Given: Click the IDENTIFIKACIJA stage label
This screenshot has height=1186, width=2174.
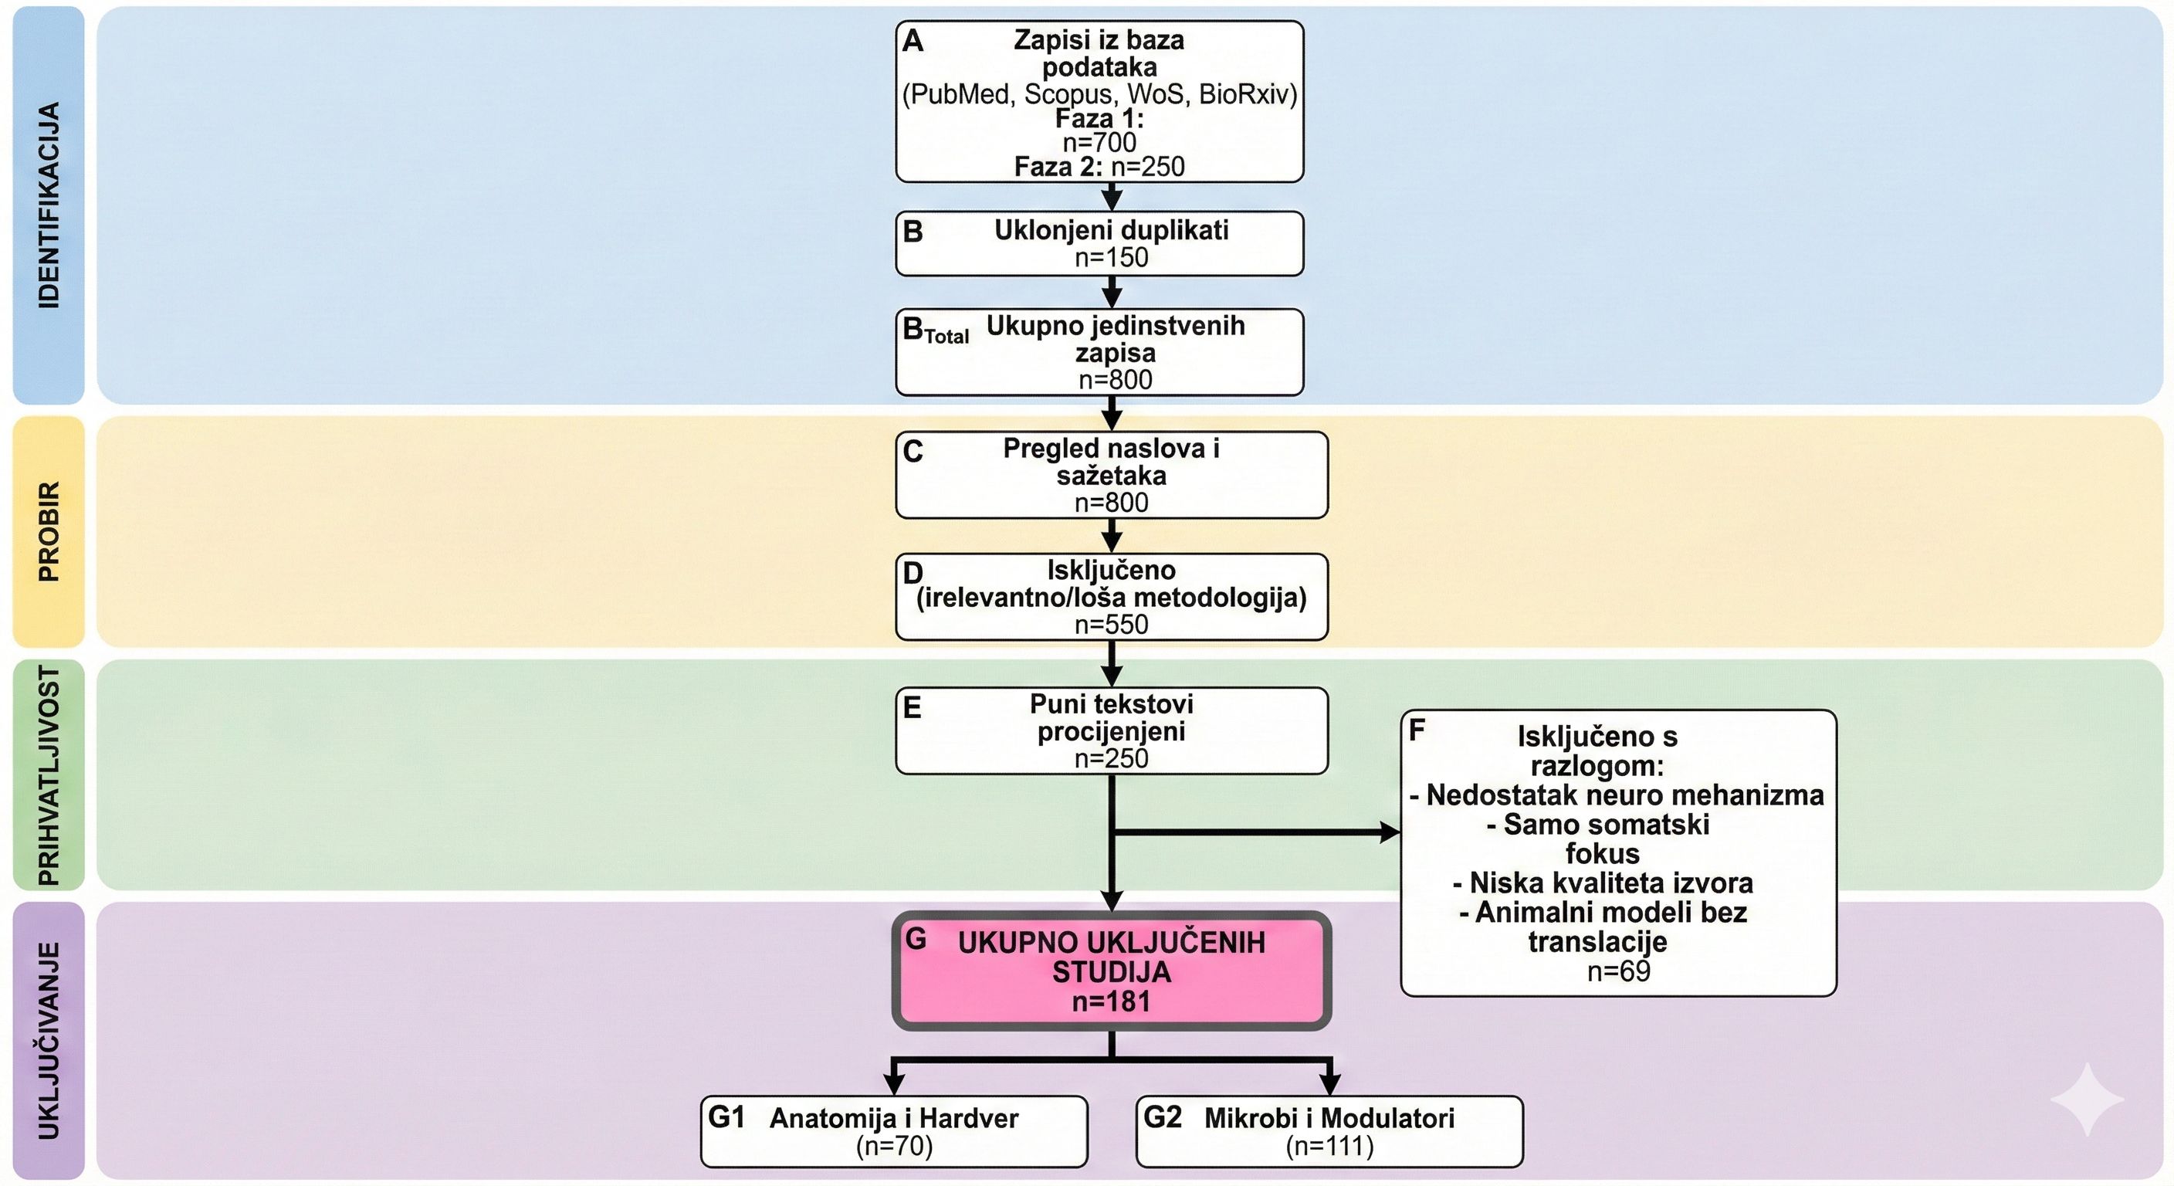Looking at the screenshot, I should pyautogui.click(x=49, y=205).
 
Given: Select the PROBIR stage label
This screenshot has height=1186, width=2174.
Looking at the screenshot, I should pyautogui.click(x=49, y=531).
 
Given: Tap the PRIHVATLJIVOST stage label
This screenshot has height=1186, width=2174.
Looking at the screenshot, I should pyautogui.click(x=49, y=775).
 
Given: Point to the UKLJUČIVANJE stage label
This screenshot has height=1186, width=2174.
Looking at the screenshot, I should pyautogui.click(x=49, y=1040).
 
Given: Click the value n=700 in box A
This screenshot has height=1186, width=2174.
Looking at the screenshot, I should pyautogui.click(x=1099, y=142).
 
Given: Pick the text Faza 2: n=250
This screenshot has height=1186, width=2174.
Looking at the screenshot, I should pyautogui.click(x=1099, y=167).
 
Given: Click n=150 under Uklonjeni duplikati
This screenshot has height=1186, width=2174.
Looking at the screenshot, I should pyautogui.click(x=1112, y=257).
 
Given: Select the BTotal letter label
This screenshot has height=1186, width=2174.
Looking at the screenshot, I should pyautogui.click(x=935, y=330).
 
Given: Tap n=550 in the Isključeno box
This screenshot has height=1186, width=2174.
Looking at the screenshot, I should pyautogui.click(x=1112, y=625).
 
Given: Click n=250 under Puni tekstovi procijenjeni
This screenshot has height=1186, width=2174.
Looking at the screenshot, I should pyautogui.click(x=1112, y=758).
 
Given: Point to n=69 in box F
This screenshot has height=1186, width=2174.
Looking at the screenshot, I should pyautogui.click(x=1618, y=971).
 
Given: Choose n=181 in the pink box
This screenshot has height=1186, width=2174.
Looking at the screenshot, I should pyautogui.click(x=1112, y=1002).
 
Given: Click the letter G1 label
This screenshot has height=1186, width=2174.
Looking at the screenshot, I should pyautogui.click(x=726, y=1117).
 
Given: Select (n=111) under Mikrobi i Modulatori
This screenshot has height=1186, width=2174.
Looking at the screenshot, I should pyautogui.click(x=1329, y=1147).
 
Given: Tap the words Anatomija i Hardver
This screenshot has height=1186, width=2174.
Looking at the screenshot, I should pyautogui.click(x=894, y=1119).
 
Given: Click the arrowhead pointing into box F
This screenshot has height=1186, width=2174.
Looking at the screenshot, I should pyautogui.click(x=1389, y=832).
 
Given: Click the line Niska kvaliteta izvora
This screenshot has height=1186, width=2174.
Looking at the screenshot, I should pyautogui.click(x=1603, y=883).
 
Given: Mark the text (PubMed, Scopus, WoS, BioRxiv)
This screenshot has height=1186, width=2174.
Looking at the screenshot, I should pyautogui.click(x=1099, y=93).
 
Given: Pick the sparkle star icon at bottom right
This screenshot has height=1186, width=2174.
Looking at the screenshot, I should pyautogui.click(x=2086, y=1099).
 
